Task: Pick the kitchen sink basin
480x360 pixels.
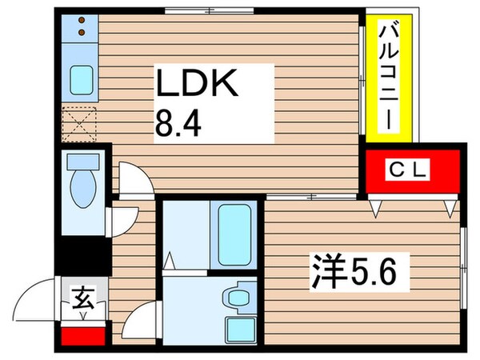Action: (81, 79)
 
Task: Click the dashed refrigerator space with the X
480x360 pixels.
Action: (78, 123)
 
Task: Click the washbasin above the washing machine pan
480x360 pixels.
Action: (237, 298)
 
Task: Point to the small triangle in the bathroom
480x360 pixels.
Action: (170, 259)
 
